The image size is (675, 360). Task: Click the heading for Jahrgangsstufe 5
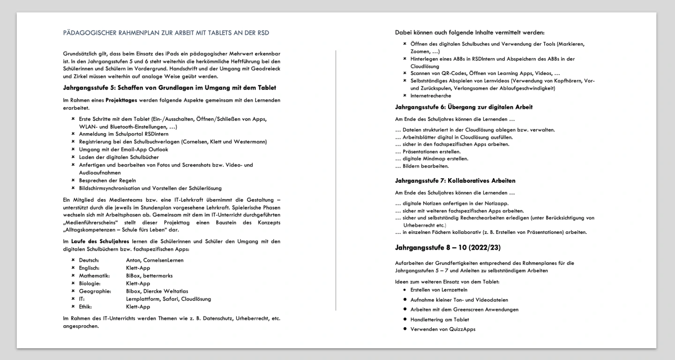[x=169, y=88]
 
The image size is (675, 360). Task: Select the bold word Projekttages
[x=120, y=100]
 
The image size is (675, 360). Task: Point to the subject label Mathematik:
[x=94, y=276]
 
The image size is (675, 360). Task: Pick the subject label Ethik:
[x=86, y=307]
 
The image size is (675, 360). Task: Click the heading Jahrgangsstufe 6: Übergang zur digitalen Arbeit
[x=464, y=107]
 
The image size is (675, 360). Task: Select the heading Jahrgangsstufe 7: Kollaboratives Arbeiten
[x=455, y=180]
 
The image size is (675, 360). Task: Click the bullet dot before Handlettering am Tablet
[x=404, y=319]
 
